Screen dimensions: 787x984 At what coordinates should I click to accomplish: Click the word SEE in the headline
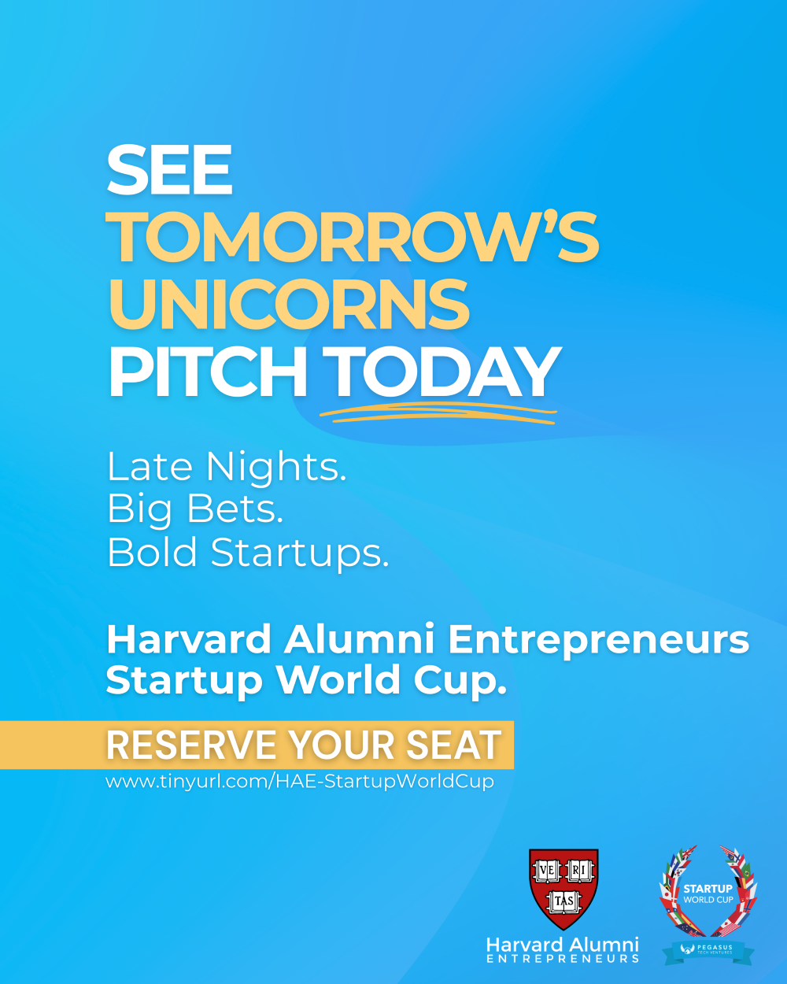(x=169, y=169)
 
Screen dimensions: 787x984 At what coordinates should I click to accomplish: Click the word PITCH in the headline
(x=207, y=372)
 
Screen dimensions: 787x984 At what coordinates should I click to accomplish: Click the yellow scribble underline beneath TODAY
(x=438, y=413)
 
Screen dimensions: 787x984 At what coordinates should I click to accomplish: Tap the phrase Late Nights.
(x=227, y=467)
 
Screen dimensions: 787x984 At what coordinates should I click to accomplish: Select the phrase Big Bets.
(x=196, y=509)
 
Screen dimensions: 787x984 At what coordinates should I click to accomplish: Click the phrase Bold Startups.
(x=248, y=553)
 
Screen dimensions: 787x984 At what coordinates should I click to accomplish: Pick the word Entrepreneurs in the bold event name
(x=599, y=641)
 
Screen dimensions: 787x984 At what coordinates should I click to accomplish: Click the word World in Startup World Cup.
(x=339, y=680)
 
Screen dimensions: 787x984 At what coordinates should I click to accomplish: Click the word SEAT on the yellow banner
(x=453, y=745)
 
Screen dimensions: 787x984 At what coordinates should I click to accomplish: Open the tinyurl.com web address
(x=300, y=781)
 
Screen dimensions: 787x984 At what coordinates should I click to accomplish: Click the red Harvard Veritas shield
(x=563, y=889)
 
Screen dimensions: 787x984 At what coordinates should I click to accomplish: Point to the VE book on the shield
(x=547, y=870)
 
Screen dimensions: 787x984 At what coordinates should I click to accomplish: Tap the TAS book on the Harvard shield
(x=563, y=901)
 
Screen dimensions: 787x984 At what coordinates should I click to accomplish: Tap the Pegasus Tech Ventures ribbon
(x=708, y=950)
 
